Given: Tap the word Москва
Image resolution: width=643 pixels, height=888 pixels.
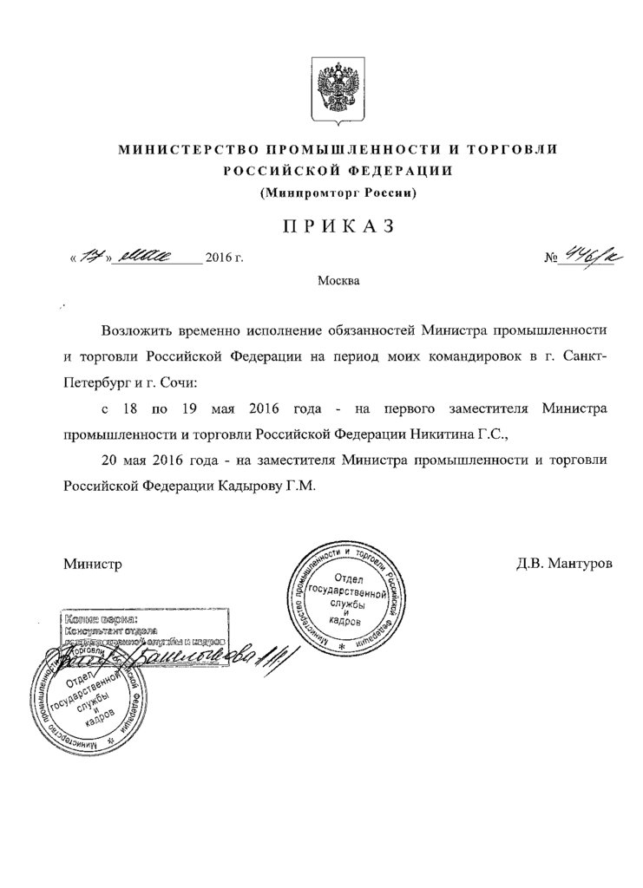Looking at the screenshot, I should point(337,280).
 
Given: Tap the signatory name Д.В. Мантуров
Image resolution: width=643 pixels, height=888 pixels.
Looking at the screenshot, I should point(563,564).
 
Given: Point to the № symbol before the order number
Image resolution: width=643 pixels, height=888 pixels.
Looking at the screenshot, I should point(549,258).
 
